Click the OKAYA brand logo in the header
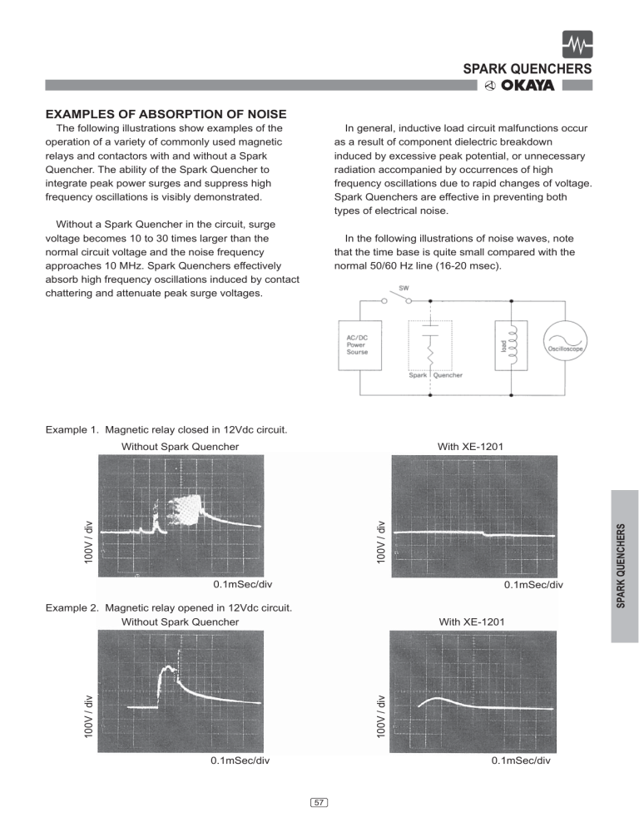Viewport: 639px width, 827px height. point(528,86)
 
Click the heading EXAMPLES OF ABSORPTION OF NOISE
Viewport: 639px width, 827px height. point(166,114)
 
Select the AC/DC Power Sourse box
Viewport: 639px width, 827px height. point(360,344)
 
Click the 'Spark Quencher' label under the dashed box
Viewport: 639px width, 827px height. point(435,375)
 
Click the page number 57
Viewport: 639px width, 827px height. point(319,802)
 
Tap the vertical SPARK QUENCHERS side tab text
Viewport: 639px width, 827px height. point(624,566)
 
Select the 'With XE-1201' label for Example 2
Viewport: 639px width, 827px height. point(471,621)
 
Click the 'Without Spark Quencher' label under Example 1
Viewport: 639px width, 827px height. point(181,447)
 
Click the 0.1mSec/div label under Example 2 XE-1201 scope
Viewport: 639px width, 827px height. point(521,760)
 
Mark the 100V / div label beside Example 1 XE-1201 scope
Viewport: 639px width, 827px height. point(380,541)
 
